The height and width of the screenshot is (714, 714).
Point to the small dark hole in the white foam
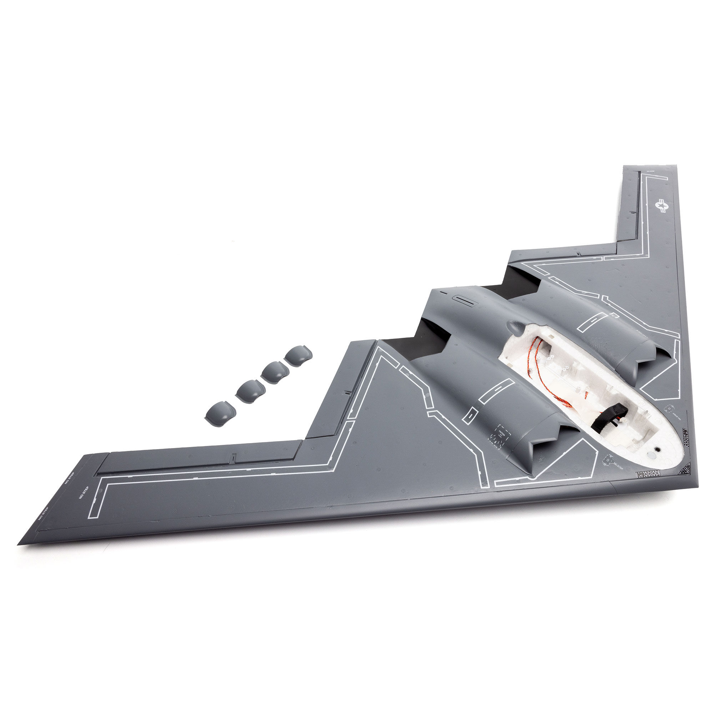[658, 449]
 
